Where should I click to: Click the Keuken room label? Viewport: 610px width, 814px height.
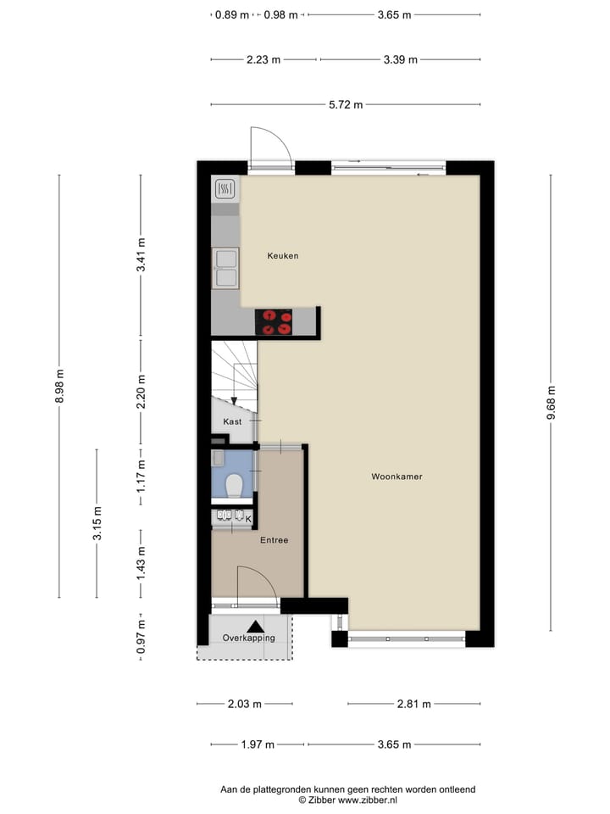pyautogui.click(x=282, y=256)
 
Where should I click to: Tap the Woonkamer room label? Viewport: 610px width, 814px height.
pyautogui.click(x=396, y=477)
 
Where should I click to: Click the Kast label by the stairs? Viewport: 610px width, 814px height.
pyautogui.click(x=232, y=421)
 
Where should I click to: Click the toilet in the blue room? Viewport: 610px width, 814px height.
pyautogui.click(x=235, y=484)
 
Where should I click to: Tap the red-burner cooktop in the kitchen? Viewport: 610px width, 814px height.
pyautogui.click(x=274, y=322)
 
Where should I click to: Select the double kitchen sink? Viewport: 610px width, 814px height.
pyautogui.click(x=225, y=268)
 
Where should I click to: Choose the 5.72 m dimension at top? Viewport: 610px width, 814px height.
pyautogui.click(x=346, y=105)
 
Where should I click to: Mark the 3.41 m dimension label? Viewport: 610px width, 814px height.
pyautogui.click(x=141, y=255)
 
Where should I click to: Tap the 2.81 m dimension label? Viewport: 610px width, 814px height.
pyautogui.click(x=413, y=704)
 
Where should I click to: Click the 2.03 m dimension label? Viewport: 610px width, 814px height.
pyautogui.click(x=245, y=704)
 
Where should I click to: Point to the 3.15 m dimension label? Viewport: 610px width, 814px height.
pyautogui.click(x=97, y=523)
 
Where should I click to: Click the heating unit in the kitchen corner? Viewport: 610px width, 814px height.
pyautogui.click(x=225, y=188)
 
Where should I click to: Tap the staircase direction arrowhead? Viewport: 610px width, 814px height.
pyautogui.click(x=235, y=399)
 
